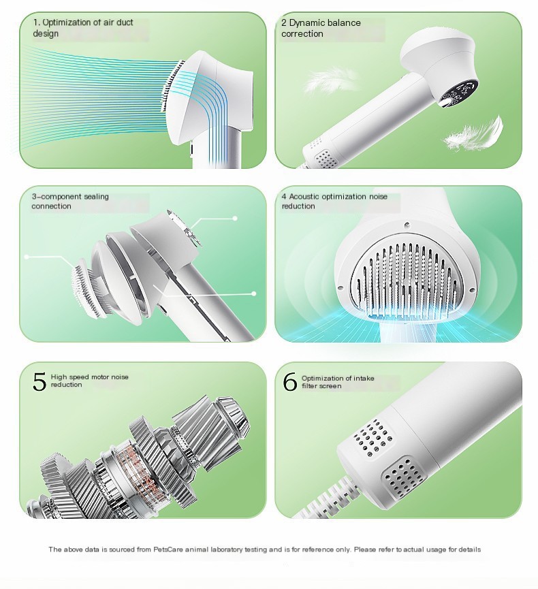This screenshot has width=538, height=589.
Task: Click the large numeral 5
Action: (x=39, y=381)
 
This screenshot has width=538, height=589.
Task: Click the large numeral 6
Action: (x=289, y=382)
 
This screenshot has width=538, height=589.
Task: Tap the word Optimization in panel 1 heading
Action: (x=67, y=22)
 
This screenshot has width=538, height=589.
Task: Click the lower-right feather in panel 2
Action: (x=474, y=133)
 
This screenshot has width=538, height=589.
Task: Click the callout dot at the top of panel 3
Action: (x=235, y=219)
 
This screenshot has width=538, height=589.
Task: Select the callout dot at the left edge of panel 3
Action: (x=27, y=257)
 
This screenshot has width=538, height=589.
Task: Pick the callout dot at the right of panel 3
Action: (x=254, y=293)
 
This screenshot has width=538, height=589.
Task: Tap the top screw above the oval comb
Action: (x=407, y=225)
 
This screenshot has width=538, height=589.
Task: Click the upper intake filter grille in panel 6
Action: (x=373, y=438)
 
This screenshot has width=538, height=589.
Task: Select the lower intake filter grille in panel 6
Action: (x=403, y=477)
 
